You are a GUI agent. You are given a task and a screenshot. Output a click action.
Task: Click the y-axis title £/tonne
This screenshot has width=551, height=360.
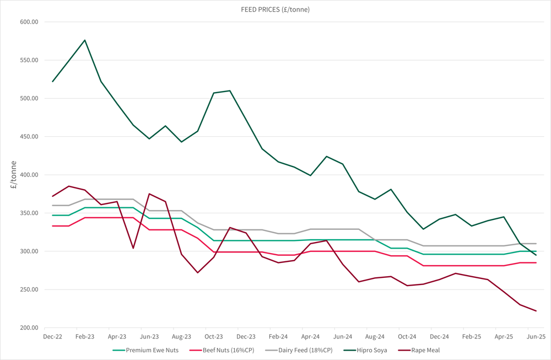(x=13, y=175)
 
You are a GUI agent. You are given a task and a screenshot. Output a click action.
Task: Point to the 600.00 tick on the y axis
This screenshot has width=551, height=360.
(x=28, y=22)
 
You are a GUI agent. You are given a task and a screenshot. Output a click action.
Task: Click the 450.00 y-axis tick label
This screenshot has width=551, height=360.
(x=28, y=137)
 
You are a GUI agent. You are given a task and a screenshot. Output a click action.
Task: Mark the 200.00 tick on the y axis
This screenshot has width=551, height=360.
(x=28, y=328)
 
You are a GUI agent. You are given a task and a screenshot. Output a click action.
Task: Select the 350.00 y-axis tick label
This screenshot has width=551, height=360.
(x=28, y=213)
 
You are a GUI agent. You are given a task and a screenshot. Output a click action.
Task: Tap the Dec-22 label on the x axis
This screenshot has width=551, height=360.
(x=52, y=336)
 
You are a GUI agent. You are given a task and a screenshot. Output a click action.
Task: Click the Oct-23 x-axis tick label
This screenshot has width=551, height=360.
(x=214, y=336)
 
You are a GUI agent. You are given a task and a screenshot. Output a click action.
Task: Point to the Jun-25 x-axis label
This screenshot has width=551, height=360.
(x=536, y=336)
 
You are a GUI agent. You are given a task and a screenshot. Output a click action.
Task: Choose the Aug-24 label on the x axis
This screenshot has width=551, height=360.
(x=375, y=336)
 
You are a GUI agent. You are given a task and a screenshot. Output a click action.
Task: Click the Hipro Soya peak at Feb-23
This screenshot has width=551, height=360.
(x=85, y=40)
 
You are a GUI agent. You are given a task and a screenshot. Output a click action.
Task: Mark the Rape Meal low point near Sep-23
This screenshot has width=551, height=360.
(x=198, y=272)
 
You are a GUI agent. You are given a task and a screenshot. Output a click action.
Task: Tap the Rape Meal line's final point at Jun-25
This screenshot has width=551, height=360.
(x=536, y=311)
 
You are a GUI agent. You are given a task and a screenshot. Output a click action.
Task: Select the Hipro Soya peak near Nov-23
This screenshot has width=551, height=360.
(x=230, y=91)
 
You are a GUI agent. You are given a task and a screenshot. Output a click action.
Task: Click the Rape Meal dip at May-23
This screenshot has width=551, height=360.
(x=133, y=248)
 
